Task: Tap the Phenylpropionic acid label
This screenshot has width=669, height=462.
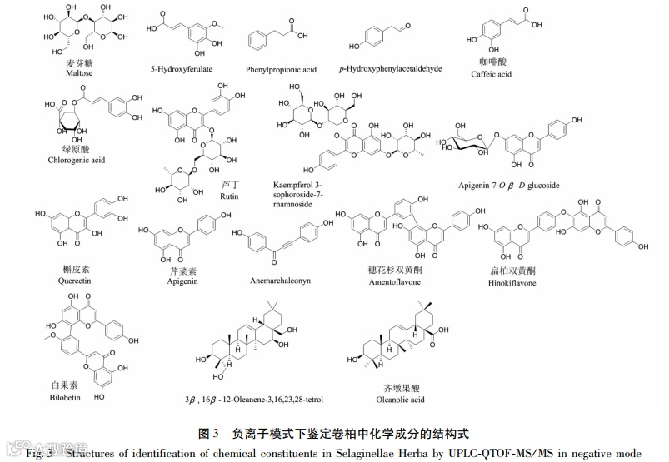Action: click(280, 69)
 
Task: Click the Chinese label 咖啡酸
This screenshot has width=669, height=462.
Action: click(490, 62)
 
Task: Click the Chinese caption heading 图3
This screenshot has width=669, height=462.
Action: click(208, 433)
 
